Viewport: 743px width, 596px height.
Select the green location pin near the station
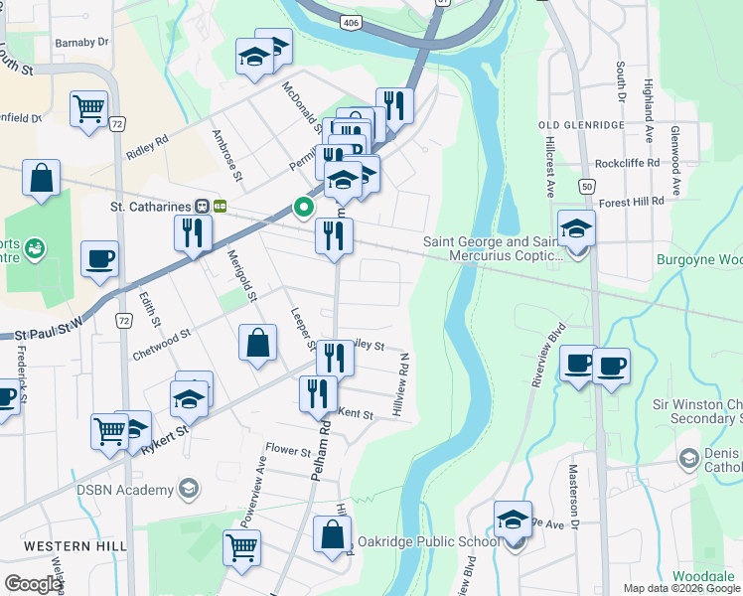(x=303, y=208)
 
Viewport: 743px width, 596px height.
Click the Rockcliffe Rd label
(x=627, y=163)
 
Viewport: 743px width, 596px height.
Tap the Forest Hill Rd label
(x=632, y=201)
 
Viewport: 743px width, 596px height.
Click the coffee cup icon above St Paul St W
(x=100, y=258)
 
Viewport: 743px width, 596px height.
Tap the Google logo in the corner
(x=33, y=584)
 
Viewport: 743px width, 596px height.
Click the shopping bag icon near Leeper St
(x=257, y=344)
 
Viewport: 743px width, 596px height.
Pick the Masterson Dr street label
(x=574, y=488)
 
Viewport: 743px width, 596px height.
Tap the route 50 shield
(x=588, y=186)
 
